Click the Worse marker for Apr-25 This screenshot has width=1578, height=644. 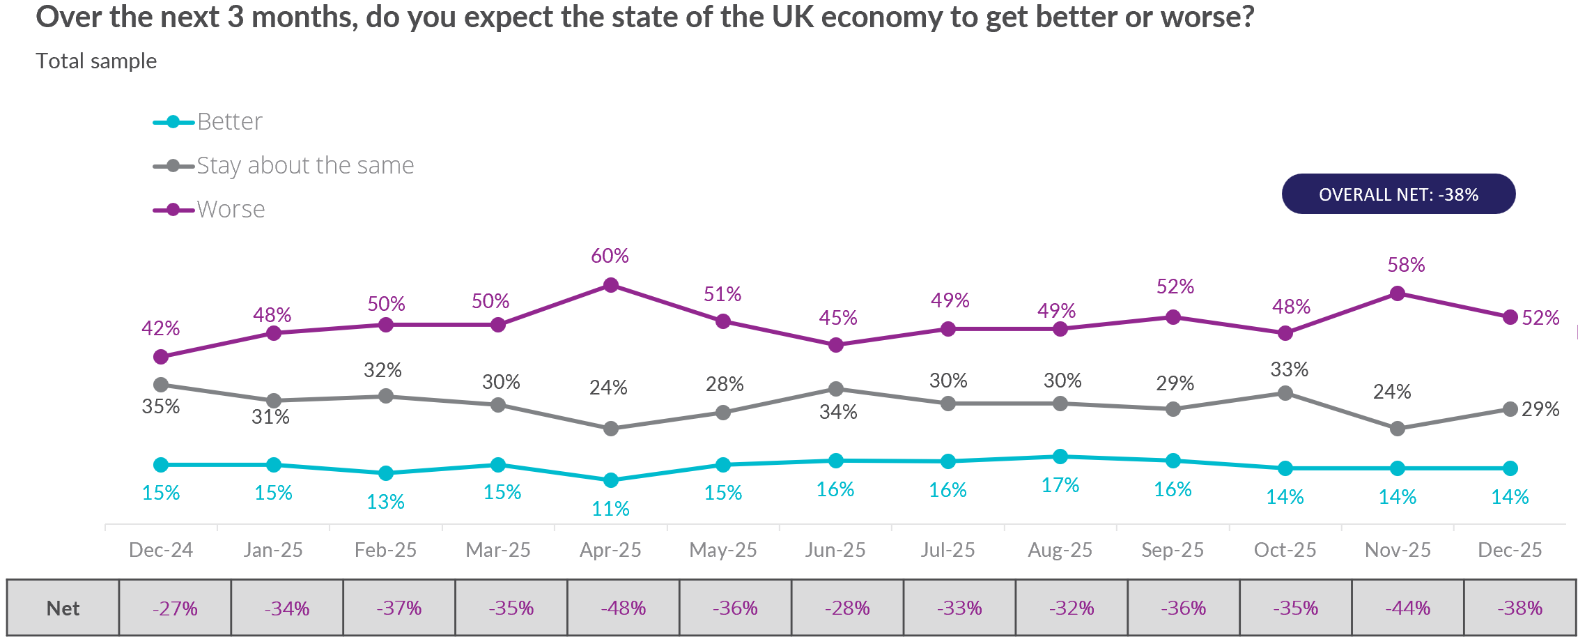point(611,285)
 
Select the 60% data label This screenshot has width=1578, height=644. point(610,256)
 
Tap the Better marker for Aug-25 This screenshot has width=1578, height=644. point(1060,457)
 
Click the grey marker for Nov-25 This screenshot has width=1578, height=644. point(1397,429)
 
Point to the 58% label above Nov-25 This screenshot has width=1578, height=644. point(1406,265)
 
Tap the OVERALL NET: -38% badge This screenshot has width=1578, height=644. point(1398,194)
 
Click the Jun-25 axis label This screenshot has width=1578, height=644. point(835,550)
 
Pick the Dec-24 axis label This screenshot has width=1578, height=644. point(161,550)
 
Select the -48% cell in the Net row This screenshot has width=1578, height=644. point(623,608)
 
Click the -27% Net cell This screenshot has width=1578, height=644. point(175,608)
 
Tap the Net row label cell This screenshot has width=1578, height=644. point(63,608)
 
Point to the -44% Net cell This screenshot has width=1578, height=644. point(1407,608)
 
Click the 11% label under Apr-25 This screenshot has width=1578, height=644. point(610,509)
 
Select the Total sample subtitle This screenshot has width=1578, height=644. point(96,61)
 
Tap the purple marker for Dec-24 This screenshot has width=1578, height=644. point(161,357)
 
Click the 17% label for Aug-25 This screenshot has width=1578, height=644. point(1060,485)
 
